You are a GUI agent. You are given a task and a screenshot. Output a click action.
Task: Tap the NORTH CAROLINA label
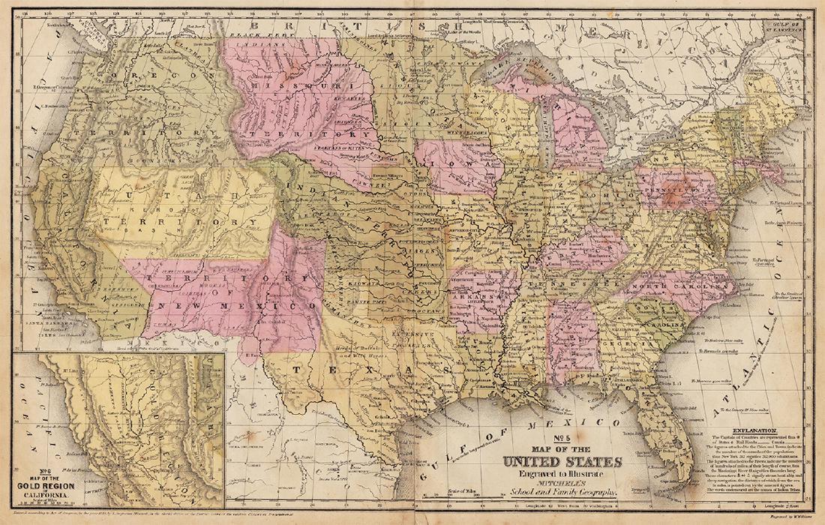click(x=675, y=288)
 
